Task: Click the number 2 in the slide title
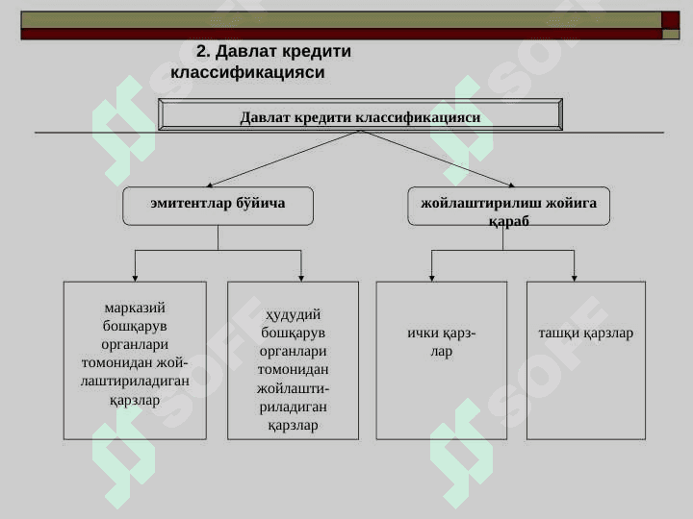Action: coord(202,51)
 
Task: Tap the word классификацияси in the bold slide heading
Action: coord(247,72)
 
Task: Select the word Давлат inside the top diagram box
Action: coord(265,117)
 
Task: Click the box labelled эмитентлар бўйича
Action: coord(218,206)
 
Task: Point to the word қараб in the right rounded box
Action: coord(509,221)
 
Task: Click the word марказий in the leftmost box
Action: coord(135,308)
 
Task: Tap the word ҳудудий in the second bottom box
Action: coord(293,315)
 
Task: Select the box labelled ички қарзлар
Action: coord(442,360)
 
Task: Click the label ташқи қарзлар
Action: coord(585,334)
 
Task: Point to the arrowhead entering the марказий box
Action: coord(136,279)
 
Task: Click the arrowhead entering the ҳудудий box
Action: coord(301,279)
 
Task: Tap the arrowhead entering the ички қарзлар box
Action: coord(432,279)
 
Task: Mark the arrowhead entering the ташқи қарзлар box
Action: coord(574,279)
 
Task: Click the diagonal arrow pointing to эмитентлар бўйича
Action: coord(283,159)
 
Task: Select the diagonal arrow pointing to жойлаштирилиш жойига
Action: coord(438,159)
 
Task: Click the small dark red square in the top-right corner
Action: coord(671,20)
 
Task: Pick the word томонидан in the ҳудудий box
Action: coord(293,370)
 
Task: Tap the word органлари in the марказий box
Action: coord(135,345)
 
